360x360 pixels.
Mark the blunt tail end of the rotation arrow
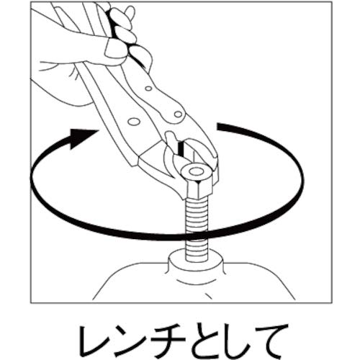click(221, 128)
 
